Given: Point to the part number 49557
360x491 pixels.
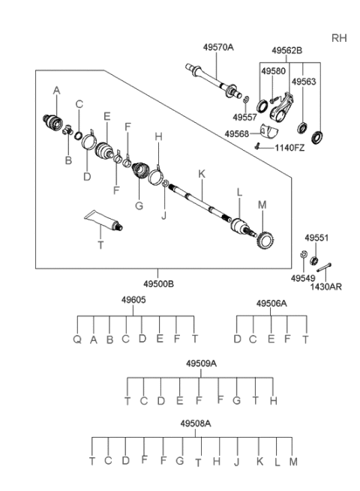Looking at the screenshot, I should point(243,118).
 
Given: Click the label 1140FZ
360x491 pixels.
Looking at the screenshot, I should point(289,148).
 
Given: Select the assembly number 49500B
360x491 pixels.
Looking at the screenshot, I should point(158,285).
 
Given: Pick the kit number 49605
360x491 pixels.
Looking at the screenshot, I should point(133,300).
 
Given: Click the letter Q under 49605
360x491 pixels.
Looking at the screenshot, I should point(76,338).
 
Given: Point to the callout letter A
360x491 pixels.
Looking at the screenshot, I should point(55,90).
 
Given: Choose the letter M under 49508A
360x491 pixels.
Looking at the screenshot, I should point(293,461).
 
